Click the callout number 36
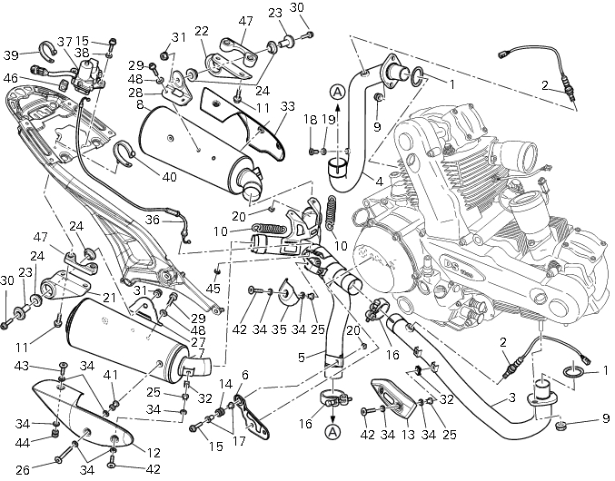point(153,219)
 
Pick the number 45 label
point(214,289)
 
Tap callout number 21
point(108,298)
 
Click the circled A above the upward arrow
point(337,92)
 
